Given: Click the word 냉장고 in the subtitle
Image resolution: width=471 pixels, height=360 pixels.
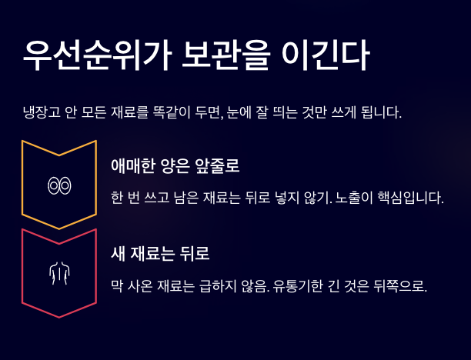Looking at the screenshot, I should pyautogui.click(x=42, y=113).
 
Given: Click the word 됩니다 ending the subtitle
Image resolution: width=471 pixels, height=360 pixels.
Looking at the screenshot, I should pyautogui.click(x=379, y=113).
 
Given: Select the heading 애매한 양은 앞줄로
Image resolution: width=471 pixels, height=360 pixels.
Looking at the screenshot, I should pyautogui.click(x=175, y=166).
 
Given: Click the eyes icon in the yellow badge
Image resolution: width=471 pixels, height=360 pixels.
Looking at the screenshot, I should pyautogui.click(x=59, y=185).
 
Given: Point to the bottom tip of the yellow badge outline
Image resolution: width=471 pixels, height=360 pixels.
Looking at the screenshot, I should pyautogui.click(x=59, y=229).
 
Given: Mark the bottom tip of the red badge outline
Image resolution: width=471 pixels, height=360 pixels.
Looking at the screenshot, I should pyautogui.click(x=59, y=317).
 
